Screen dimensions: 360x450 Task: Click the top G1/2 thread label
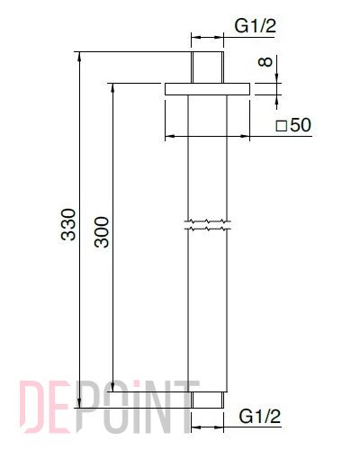point(255,26)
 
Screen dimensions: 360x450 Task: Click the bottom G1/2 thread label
point(260,417)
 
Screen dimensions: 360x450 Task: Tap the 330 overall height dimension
point(68,224)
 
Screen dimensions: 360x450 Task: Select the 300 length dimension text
point(102,232)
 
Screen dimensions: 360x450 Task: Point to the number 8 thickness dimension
point(265,62)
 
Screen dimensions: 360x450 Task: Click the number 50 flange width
point(301,125)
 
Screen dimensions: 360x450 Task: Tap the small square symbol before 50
point(282,126)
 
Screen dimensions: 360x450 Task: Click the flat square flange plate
point(207,89)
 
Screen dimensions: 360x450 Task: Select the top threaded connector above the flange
point(207,67)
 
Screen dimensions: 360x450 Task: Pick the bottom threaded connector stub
point(207,400)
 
